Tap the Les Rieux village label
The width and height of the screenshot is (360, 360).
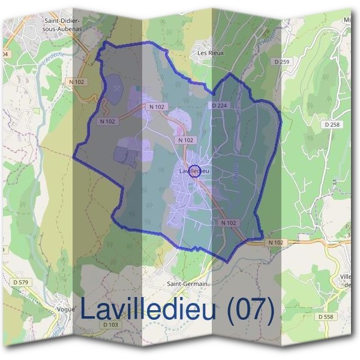(x=211, y=53)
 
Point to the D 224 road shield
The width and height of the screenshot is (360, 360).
(x=220, y=106)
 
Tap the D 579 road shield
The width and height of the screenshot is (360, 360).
(x=20, y=282)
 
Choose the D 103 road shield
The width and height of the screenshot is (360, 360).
(x=111, y=325)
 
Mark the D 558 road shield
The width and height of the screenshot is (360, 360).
(x=326, y=316)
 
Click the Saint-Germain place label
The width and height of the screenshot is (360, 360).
(x=187, y=284)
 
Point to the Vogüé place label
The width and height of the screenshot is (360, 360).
(x=67, y=308)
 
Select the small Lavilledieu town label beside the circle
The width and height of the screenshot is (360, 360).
(x=193, y=172)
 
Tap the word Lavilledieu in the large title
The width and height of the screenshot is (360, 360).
(x=153, y=310)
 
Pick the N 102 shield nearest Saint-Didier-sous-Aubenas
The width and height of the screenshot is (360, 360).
(x=77, y=81)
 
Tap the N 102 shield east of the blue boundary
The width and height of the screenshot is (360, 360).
(x=275, y=242)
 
